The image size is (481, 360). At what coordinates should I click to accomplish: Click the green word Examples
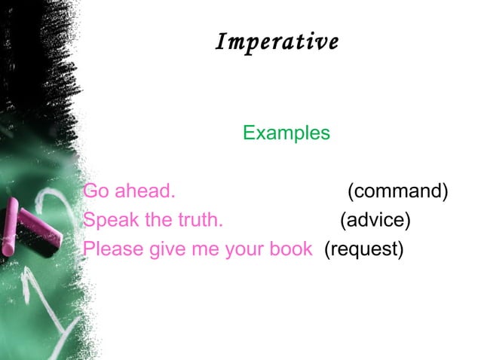(286, 133)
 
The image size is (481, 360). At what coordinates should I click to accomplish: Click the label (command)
(397, 192)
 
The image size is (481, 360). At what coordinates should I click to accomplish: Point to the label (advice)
(375, 220)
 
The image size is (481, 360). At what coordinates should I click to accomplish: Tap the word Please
(111, 249)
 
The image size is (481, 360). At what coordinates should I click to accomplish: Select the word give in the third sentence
(165, 249)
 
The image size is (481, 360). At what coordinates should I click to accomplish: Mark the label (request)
(363, 249)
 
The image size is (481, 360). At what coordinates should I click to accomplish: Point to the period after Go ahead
(173, 197)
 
